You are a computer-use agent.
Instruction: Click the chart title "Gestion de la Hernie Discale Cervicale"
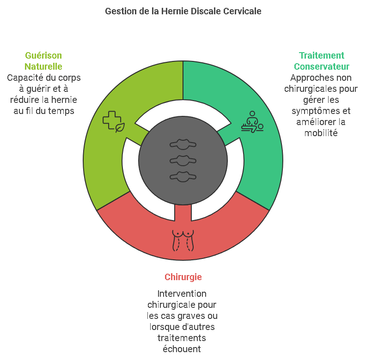(183, 11)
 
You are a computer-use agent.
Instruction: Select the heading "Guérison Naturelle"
(43, 61)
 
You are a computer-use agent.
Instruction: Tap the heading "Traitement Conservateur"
(321, 61)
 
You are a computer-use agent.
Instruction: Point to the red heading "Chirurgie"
(183, 277)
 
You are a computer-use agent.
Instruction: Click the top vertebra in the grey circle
(183, 144)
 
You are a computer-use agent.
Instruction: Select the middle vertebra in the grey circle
(183, 160)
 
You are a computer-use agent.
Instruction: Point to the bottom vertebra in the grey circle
(183, 176)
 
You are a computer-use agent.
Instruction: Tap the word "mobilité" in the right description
(321, 133)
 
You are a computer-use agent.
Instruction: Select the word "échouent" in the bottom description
(182, 349)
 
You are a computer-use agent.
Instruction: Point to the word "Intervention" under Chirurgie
(182, 294)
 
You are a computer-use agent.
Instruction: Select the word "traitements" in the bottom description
(182, 338)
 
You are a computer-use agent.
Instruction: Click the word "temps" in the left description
(63, 111)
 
